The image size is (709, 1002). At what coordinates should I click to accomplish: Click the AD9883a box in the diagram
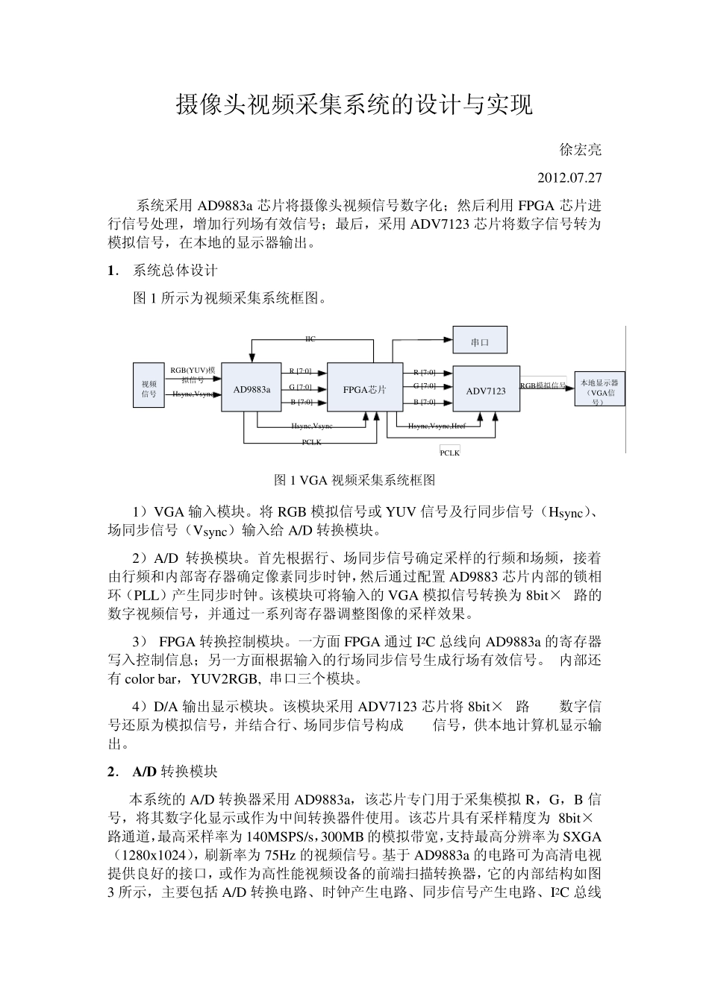tap(252, 388)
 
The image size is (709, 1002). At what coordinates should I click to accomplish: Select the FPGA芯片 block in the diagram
tap(364, 388)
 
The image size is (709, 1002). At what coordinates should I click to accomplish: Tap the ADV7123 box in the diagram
tap(486, 390)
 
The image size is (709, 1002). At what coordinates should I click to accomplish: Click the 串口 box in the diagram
tap(480, 342)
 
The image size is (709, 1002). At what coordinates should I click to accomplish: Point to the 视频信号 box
tap(149, 388)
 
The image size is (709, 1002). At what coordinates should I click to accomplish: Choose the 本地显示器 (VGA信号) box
tap(599, 390)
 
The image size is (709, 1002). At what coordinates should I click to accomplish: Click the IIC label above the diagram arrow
tap(310, 339)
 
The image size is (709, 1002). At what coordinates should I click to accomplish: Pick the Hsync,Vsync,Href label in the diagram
tap(437, 426)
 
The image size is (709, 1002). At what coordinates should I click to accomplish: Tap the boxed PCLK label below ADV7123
tap(449, 453)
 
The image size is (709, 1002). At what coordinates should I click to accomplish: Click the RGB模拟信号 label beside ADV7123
tap(543, 385)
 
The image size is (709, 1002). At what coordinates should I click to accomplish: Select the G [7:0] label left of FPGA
tap(300, 386)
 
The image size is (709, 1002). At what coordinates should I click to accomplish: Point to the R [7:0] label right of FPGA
tap(424, 371)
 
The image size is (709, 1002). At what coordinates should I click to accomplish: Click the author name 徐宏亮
tap(581, 150)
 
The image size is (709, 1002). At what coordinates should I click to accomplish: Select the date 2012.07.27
tap(569, 178)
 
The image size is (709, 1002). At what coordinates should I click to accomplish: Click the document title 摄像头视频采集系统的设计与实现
tap(354, 105)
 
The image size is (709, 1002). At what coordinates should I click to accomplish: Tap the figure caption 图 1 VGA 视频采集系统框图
tap(354, 480)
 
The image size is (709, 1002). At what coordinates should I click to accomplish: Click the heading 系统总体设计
tap(175, 270)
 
